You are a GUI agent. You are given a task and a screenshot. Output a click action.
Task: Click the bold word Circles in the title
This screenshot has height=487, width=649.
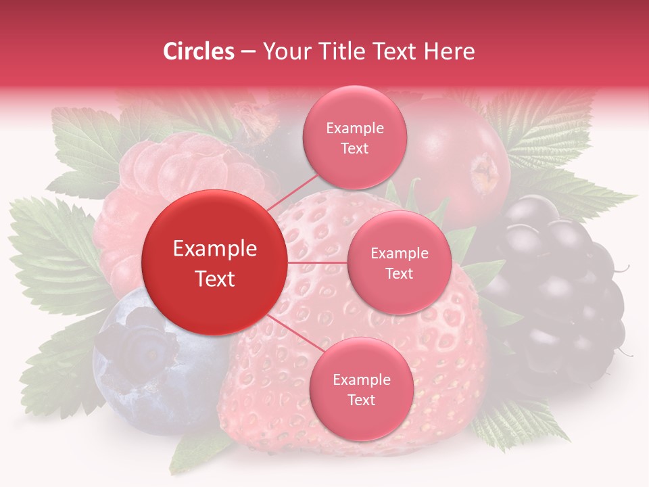coord(198,51)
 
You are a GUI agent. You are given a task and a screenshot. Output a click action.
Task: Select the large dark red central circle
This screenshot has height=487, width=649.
coord(215,262)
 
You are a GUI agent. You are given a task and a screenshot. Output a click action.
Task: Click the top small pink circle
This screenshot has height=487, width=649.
coord(354,138)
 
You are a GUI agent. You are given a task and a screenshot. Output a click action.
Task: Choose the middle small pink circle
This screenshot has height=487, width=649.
coord(399,262)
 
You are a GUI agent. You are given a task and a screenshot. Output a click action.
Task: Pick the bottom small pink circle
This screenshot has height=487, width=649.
coord(361,389)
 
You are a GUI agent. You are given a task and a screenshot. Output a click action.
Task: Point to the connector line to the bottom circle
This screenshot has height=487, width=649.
coord(289,333)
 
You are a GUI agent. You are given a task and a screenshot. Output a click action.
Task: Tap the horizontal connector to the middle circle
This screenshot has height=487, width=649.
coord(318,262)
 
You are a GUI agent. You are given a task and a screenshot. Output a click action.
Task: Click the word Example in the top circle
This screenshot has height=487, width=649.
coord(354,129)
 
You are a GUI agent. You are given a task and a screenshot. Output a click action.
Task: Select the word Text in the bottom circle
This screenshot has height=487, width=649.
coord(361,400)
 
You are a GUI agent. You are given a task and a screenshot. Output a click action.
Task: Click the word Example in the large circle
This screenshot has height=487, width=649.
coord(215,249)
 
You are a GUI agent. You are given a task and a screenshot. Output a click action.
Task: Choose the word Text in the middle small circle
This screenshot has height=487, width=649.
coord(399,273)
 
